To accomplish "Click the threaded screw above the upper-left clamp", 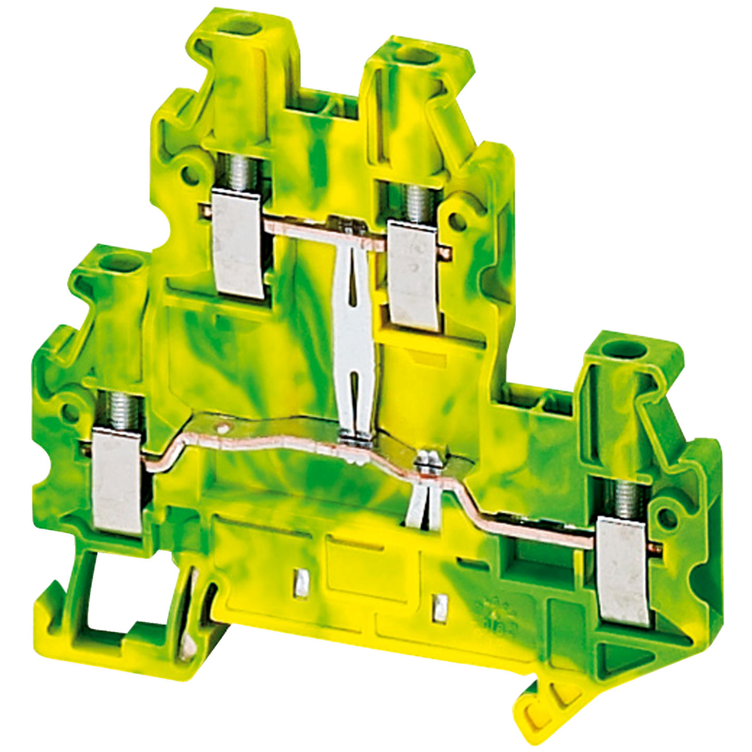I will pos(237,172).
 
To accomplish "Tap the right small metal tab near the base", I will pos(440,609).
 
